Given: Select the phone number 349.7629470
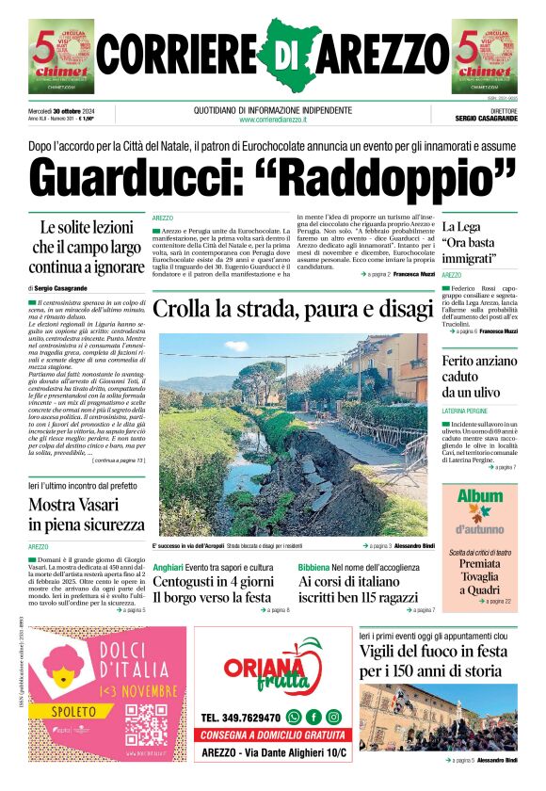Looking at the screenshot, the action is click(240, 717).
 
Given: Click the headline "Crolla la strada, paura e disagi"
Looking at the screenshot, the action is click(290, 308).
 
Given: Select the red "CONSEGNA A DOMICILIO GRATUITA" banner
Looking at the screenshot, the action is click(273, 735).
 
